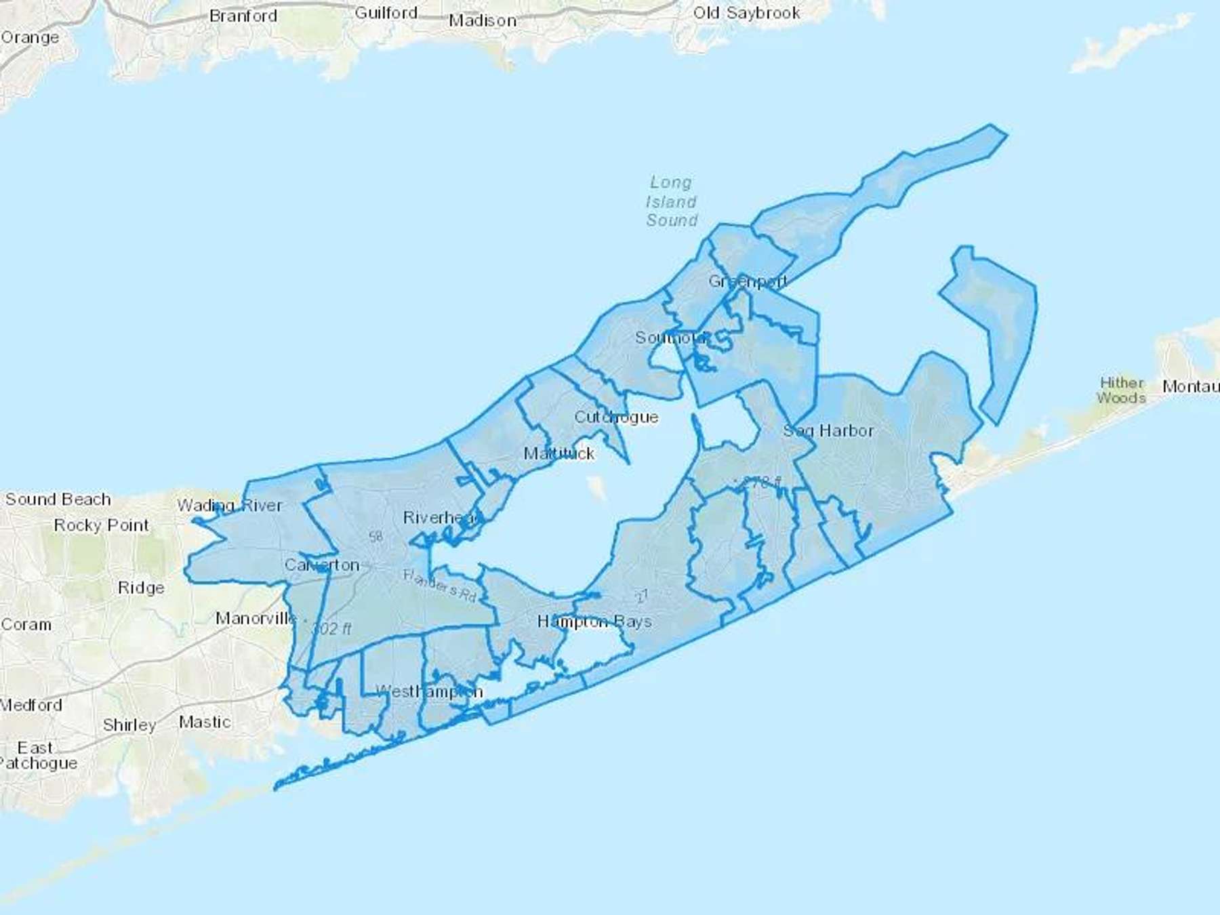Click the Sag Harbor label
point(828,430)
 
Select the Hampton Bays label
point(594,622)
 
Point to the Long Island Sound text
point(671,201)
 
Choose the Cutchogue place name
point(616,417)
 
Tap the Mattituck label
point(559,453)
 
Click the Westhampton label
point(429,691)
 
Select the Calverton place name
point(322,565)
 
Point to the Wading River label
point(230,505)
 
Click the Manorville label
point(256,618)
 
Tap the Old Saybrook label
point(746,13)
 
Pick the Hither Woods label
point(1121,390)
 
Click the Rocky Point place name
point(101,525)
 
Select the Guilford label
point(386,13)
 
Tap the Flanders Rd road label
point(440,586)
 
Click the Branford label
point(243,16)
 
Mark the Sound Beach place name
point(58,500)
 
